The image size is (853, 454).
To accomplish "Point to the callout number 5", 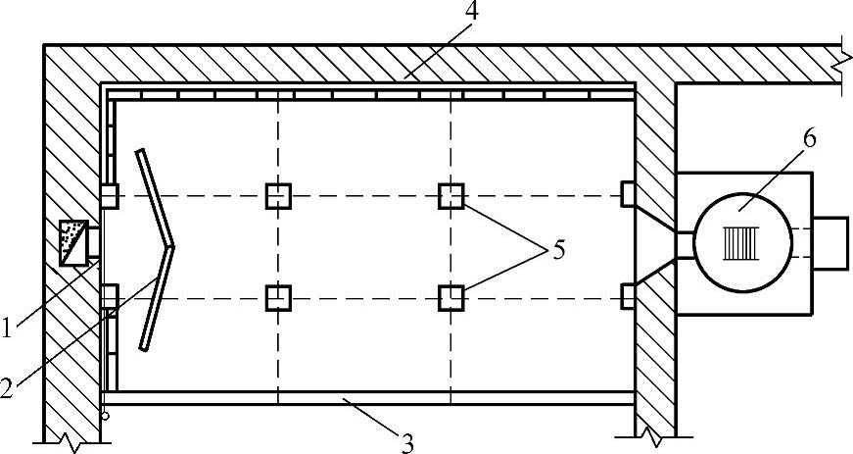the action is [557, 250].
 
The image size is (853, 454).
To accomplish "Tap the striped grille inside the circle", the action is [741, 241].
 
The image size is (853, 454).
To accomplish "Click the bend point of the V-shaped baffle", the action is [170, 245].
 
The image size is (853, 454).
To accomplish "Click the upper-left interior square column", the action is [278, 196].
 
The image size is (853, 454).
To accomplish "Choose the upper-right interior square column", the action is [450, 196].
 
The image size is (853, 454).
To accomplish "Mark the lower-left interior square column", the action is [278, 296].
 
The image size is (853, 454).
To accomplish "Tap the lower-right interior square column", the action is [450, 296].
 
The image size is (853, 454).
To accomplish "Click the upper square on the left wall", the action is [109, 196].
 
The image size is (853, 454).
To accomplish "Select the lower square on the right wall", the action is [628, 295].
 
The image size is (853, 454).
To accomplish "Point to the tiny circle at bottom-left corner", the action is [105, 415].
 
